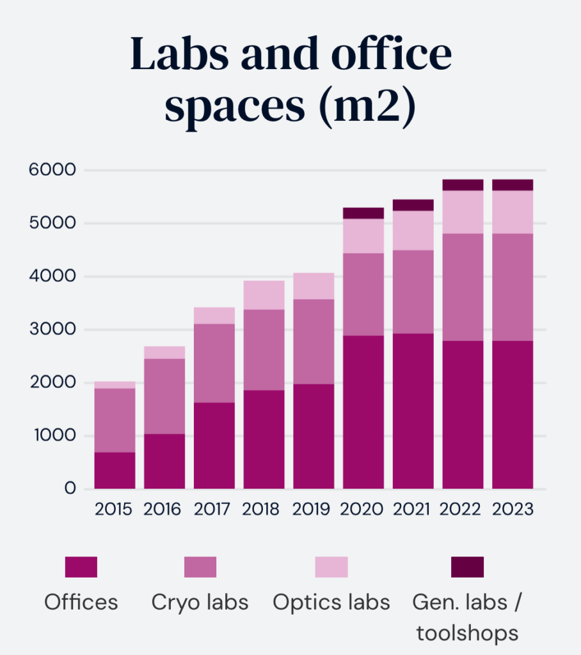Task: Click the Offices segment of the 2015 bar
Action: click(115, 470)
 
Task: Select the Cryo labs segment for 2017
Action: click(214, 363)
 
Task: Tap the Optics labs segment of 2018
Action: click(264, 295)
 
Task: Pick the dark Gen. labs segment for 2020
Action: click(363, 213)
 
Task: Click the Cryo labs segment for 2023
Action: click(513, 287)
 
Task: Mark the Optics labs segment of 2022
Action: click(463, 212)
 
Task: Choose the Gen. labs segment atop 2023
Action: click(513, 185)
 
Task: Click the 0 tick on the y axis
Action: click(70, 489)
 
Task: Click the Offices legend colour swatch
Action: click(81, 567)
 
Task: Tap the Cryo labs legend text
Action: click(200, 602)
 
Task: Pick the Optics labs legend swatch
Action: click(331, 567)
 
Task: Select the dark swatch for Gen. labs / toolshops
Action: click(467, 567)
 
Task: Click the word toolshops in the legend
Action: click(467, 633)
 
